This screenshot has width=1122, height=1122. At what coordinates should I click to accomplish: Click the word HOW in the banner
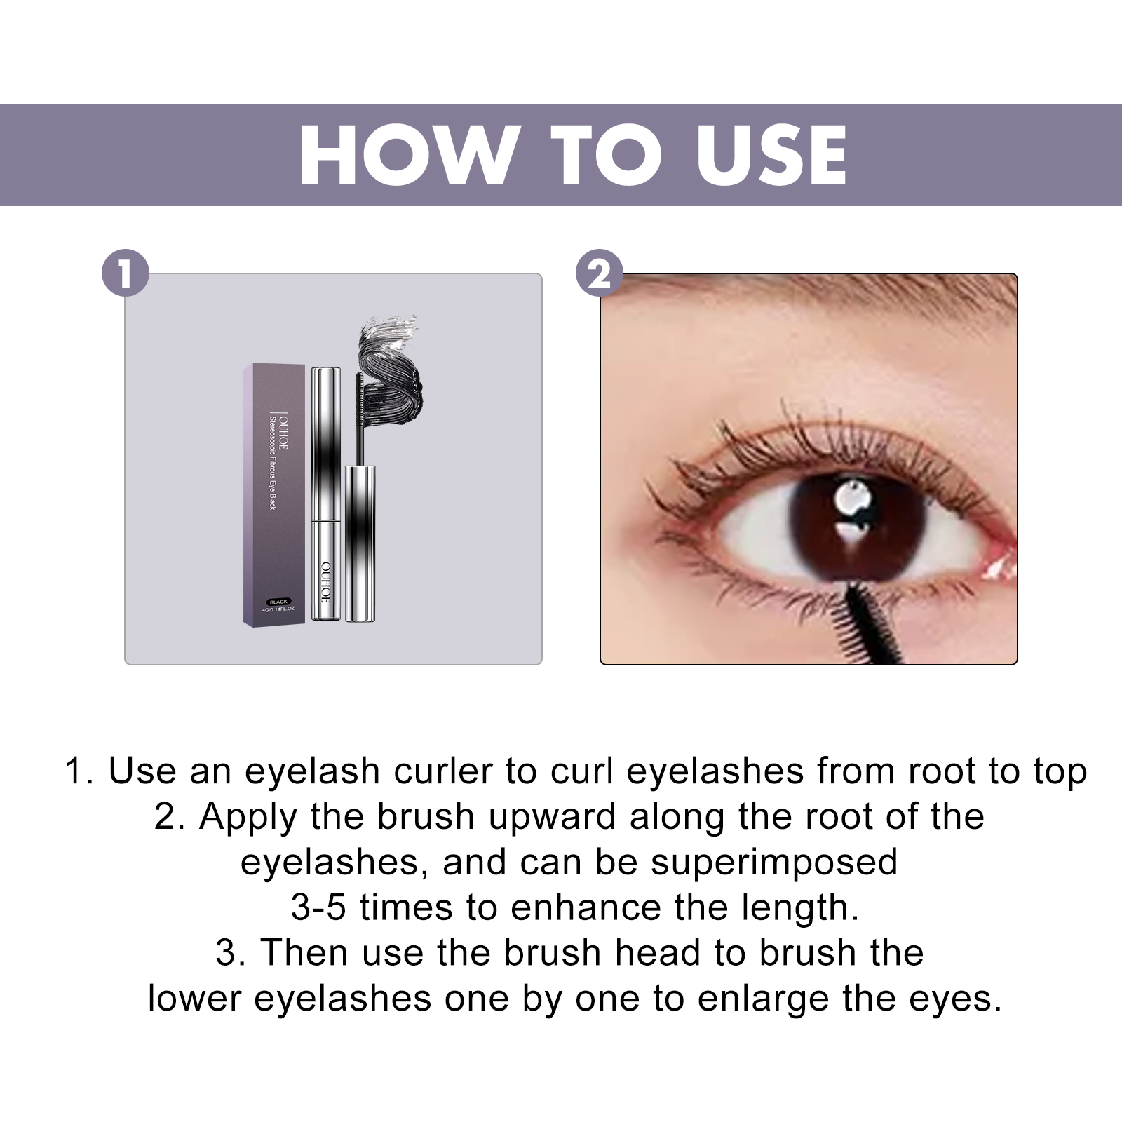pos(409,156)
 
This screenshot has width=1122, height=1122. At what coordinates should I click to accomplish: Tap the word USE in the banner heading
pos(771,156)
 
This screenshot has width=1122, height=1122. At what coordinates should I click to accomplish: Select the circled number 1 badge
pos(126,273)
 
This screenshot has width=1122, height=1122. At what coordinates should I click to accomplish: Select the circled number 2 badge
pos(600,273)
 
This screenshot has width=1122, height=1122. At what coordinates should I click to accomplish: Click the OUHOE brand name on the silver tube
pos(325,581)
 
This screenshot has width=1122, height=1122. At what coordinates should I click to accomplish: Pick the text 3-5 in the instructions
pos(318,907)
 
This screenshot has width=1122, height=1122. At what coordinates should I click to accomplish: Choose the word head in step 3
pos(658,953)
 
